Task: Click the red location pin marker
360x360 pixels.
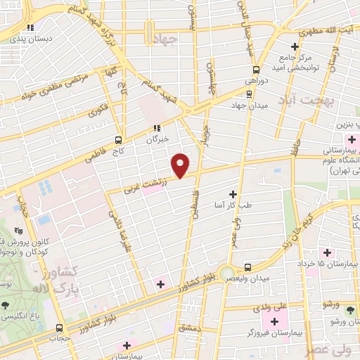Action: (181, 165)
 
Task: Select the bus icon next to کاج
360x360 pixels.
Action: (118, 139)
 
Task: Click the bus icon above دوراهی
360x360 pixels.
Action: (255, 70)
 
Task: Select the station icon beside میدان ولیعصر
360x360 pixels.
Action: (247, 267)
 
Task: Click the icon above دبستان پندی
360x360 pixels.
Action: (30, 27)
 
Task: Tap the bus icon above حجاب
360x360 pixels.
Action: (59, 328)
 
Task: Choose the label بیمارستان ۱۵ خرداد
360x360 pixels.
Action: (335, 262)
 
